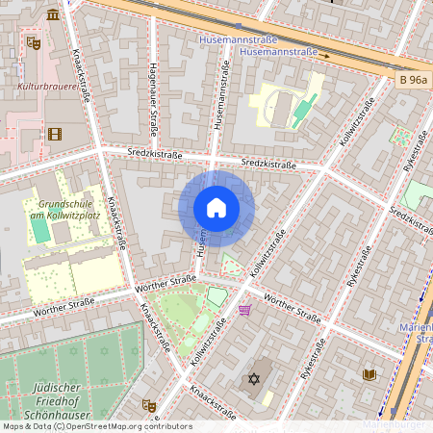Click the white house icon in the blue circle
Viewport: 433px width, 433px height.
[216, 207]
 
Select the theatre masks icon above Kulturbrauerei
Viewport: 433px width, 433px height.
[34, 42]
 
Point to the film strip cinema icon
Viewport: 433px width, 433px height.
[54, 134]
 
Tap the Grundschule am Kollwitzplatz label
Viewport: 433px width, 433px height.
[64, 210]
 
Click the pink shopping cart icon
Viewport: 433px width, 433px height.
[245, 310]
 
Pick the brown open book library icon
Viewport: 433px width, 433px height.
[369, 373]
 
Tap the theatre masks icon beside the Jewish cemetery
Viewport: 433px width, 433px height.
[149, 406]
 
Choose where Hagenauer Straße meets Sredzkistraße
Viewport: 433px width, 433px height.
[156, 154]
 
